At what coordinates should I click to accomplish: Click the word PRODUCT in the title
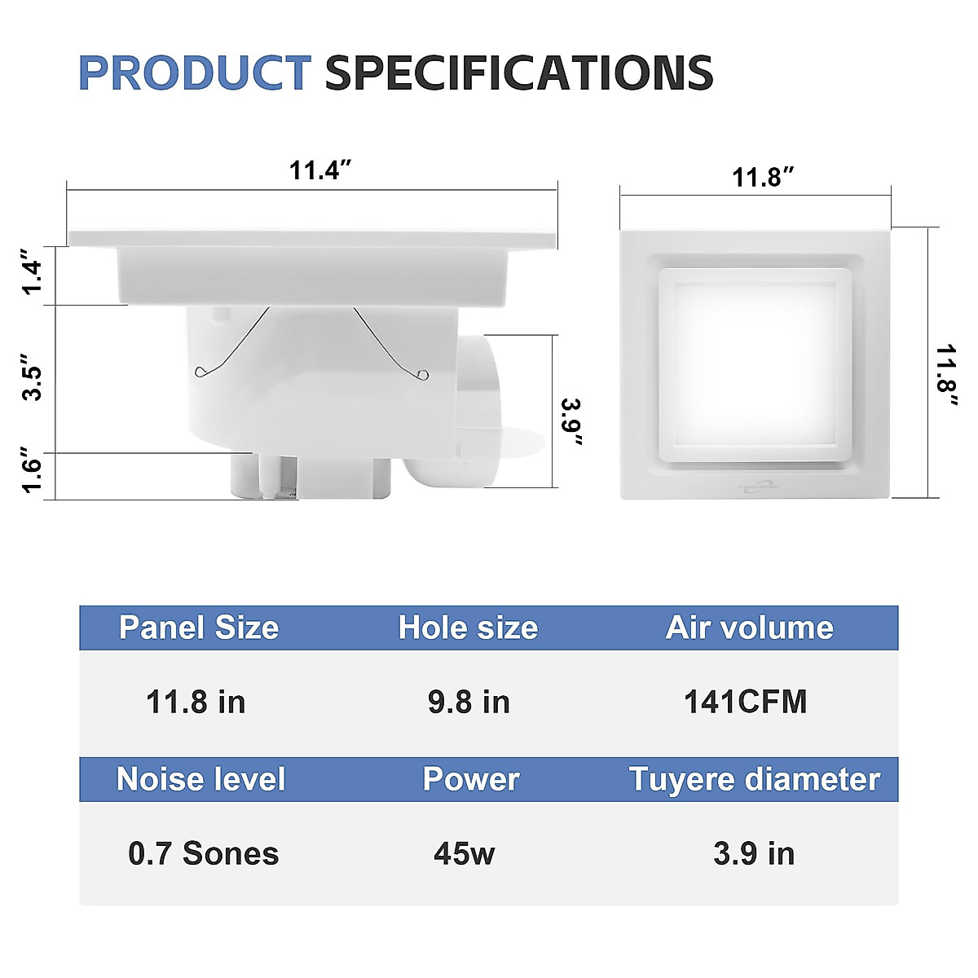pos(194,73)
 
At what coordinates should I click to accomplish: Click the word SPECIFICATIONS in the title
pos(519,73)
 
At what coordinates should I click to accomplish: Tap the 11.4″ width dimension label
pos(320,171)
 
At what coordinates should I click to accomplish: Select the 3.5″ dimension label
pos(30,377)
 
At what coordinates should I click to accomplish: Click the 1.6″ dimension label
pos(30,470)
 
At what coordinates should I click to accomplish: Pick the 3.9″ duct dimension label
pos(573,422)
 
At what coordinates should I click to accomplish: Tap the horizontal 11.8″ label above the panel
pos(763,177)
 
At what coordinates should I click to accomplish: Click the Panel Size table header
pos(199,628)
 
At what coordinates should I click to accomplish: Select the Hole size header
pos(468,628)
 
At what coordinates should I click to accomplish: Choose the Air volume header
pos(750,628)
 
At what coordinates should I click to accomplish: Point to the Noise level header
pos(201,779)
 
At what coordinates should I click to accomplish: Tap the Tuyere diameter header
pos(755,779)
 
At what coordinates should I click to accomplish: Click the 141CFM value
pos(745,702)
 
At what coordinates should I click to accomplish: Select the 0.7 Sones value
pos(204,853)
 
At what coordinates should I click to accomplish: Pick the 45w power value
pos(465,853)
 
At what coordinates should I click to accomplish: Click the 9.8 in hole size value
pos(469,702)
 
